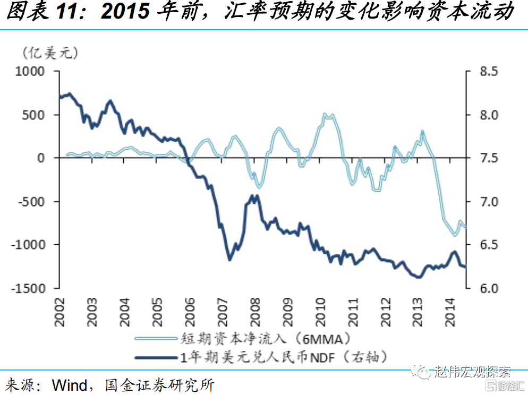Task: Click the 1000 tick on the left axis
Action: point(31,71)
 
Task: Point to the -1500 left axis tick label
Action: point(29,288)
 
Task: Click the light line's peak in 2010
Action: point(328,115)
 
